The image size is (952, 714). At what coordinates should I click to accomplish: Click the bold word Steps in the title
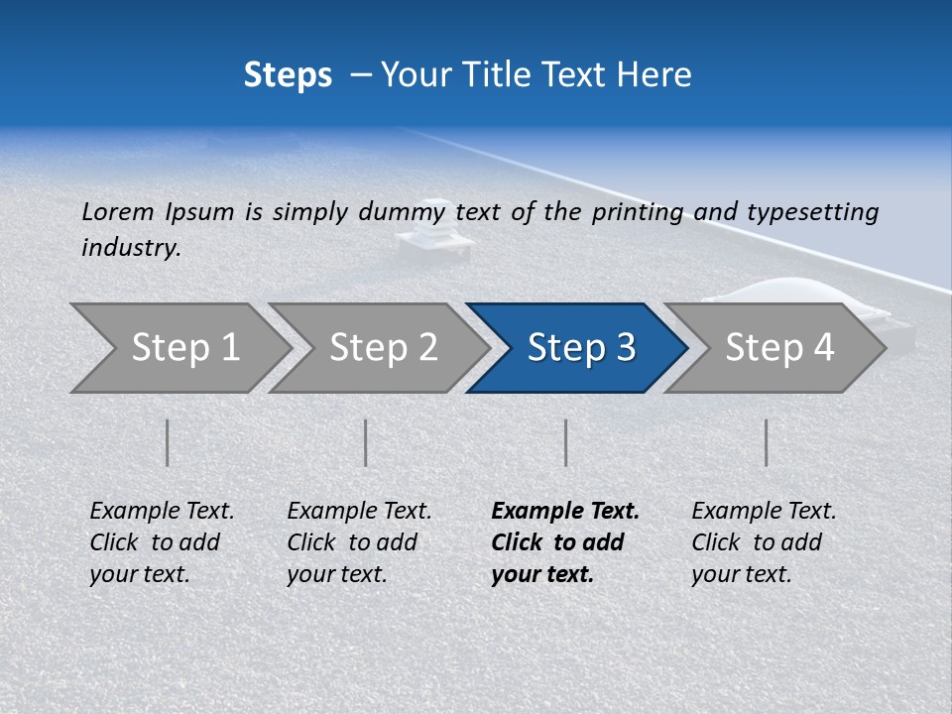pyautogui.click(x=288, y=75)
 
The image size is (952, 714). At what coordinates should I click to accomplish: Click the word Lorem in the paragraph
pyautogui.click(x=118, y=211)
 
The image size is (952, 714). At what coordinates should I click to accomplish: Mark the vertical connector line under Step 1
pyautogui.click(x=168, y=442)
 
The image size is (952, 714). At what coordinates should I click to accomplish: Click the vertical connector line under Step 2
pyautogui.click(x=366, y=442)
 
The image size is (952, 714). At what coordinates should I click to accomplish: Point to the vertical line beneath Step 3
pyautogui.click(x=565, y=442)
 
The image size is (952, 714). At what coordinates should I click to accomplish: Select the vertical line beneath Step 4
pyautogui.click(x=766, y=442)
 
